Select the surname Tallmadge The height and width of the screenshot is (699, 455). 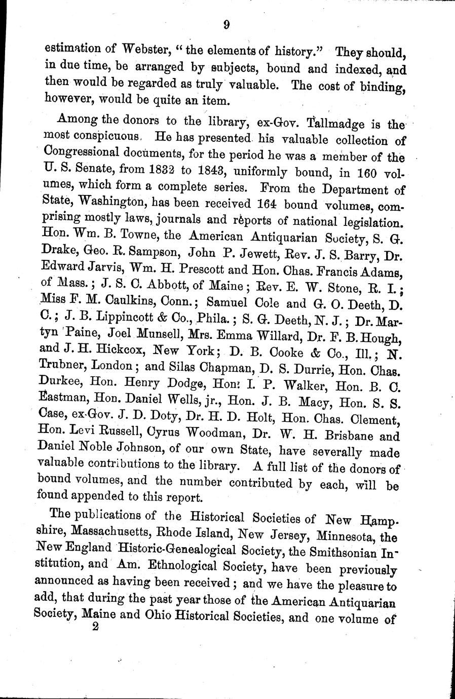point(340,123)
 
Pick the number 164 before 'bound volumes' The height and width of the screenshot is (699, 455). point(265,204)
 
